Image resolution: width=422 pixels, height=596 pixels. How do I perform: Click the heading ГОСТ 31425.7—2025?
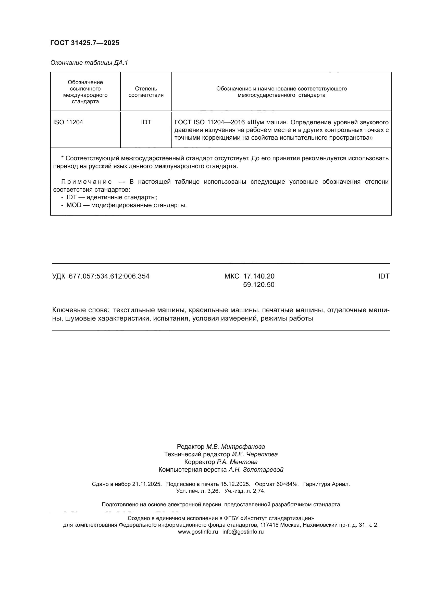click(x=85, y=43)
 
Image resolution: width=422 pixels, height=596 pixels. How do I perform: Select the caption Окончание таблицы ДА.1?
click(x=89, y=63)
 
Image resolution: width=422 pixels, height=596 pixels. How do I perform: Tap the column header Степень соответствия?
click(x=146, y=92)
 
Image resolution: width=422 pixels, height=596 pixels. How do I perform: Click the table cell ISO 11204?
click(x=68, y=122)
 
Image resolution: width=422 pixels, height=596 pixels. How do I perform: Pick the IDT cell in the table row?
click(x=146, y=122)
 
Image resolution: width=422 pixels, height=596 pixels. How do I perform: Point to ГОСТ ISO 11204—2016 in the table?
click(x=209, y=122)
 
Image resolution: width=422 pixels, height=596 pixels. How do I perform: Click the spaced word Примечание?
click(x=86, y=182)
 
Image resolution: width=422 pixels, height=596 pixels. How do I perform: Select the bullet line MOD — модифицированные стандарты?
click(x=126, y=205)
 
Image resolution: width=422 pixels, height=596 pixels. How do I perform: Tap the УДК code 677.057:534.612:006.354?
click(x=109, y=276)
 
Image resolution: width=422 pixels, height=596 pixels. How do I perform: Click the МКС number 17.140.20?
click(x=258, y=276)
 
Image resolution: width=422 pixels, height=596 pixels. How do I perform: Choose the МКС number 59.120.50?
click(x=258, y=285)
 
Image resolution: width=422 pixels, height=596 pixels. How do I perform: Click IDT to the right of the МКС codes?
click(x=383, y=276)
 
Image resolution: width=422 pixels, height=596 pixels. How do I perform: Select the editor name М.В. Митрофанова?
click(x=235, y=447)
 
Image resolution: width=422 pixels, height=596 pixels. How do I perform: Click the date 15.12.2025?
click(x=235, y=484)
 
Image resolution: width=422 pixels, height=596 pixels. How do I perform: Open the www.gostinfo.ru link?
click(x=198, y=532)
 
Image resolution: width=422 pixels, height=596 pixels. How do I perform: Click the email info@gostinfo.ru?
click(x=243, y=532)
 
